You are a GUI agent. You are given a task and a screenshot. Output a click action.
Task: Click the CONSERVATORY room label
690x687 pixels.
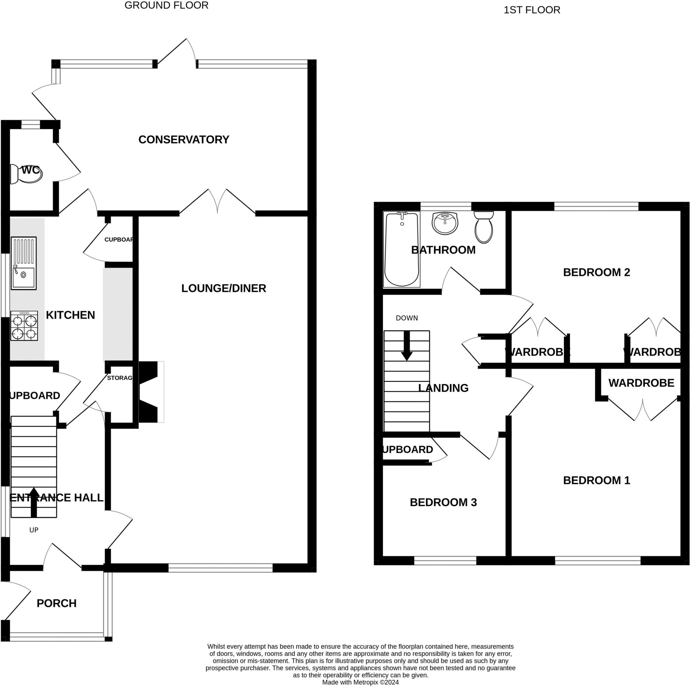(184, 140)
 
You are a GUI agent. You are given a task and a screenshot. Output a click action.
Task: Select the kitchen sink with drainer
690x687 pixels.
(24, 263)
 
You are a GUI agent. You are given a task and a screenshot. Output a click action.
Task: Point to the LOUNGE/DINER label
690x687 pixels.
(224, 288)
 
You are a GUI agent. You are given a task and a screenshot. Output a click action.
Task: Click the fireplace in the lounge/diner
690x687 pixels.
(150, 392)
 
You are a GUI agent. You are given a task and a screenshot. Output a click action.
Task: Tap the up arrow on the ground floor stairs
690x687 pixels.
(34, 502)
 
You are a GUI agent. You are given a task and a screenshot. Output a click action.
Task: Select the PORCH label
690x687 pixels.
(56, 603)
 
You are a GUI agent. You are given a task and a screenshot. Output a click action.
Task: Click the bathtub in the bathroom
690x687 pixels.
(402, 249)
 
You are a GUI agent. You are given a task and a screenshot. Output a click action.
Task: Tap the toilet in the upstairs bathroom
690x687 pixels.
(484, 227)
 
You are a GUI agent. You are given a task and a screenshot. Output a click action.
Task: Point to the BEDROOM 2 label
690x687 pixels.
(596, 272)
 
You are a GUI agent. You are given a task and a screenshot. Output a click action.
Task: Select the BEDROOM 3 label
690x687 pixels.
(443, 502)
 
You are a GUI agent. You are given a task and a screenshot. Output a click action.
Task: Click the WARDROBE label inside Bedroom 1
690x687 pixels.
(641, 383)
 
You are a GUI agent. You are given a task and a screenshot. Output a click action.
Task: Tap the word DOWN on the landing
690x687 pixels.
(407, 318)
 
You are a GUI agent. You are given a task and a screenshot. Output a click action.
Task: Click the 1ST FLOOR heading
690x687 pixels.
(532, 10)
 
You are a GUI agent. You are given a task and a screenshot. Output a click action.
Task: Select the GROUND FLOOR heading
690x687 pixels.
(166, 5)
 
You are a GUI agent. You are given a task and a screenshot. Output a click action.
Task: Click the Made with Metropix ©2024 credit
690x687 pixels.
(360, 682)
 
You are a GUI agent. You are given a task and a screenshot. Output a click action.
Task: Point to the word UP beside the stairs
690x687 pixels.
(34, 530)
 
